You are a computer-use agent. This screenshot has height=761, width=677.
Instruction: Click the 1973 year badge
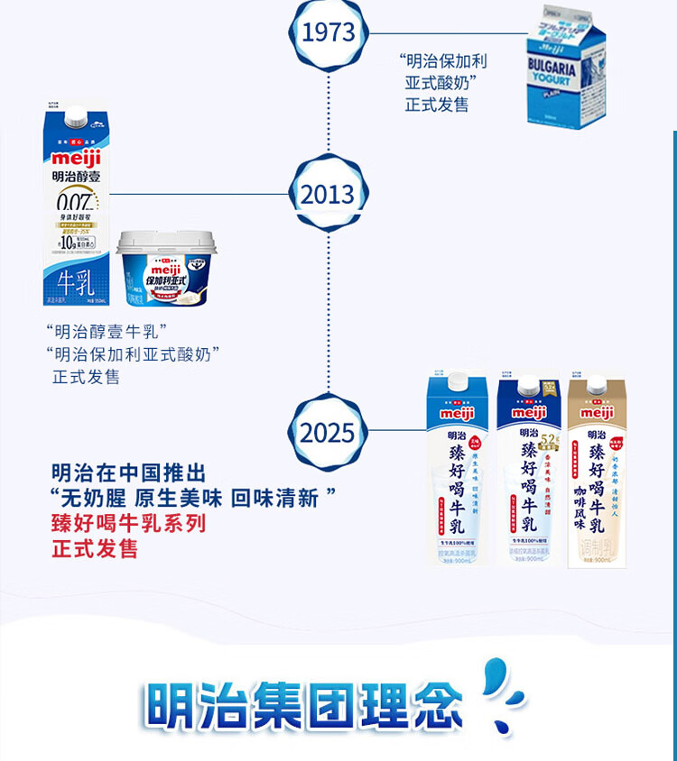coord(329,33)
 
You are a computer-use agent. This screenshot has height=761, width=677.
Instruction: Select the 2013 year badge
coord(329,194)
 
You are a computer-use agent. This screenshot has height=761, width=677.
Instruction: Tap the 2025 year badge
coord(329,433)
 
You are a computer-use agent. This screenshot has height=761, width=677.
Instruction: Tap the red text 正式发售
coord(95,547)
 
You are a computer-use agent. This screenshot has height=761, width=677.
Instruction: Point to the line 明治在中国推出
coord(129,472)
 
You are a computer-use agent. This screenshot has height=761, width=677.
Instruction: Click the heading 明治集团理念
coord(303,703)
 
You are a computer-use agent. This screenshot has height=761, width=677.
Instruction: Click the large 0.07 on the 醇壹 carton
coord(75,200)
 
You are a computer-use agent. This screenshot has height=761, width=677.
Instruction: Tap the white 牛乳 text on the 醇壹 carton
coord(74,280)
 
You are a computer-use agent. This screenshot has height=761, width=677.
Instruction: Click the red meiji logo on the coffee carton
coord(597,412)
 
